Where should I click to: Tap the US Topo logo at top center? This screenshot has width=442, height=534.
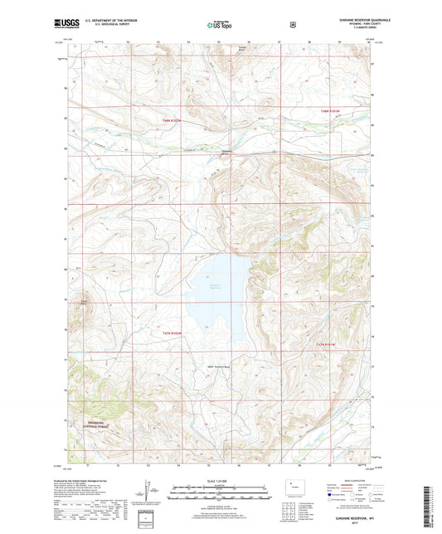coord(221,25)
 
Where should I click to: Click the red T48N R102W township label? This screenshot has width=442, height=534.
coord(149,124)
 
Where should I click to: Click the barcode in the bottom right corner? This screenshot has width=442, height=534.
coord(429,505)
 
